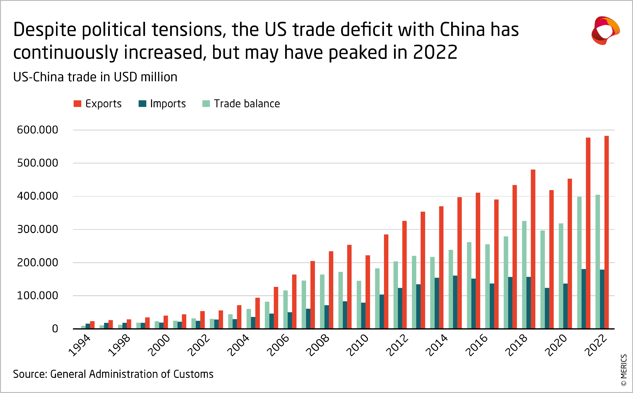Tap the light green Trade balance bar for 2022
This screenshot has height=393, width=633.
(598, 262)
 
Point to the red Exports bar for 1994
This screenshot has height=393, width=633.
(92, 325)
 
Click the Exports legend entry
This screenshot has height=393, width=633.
(98, 104)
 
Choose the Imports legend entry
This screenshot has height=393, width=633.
(162, 104)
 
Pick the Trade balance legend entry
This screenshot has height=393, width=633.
(241, 104)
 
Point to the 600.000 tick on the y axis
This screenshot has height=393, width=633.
(37, 130)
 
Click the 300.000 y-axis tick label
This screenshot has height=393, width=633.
(37, 230)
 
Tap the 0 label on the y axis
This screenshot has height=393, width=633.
(55, 329)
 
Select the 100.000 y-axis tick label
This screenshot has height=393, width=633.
(37, 296)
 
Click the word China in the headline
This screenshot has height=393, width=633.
(462, 29)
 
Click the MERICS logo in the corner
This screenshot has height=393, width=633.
(605, 31)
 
